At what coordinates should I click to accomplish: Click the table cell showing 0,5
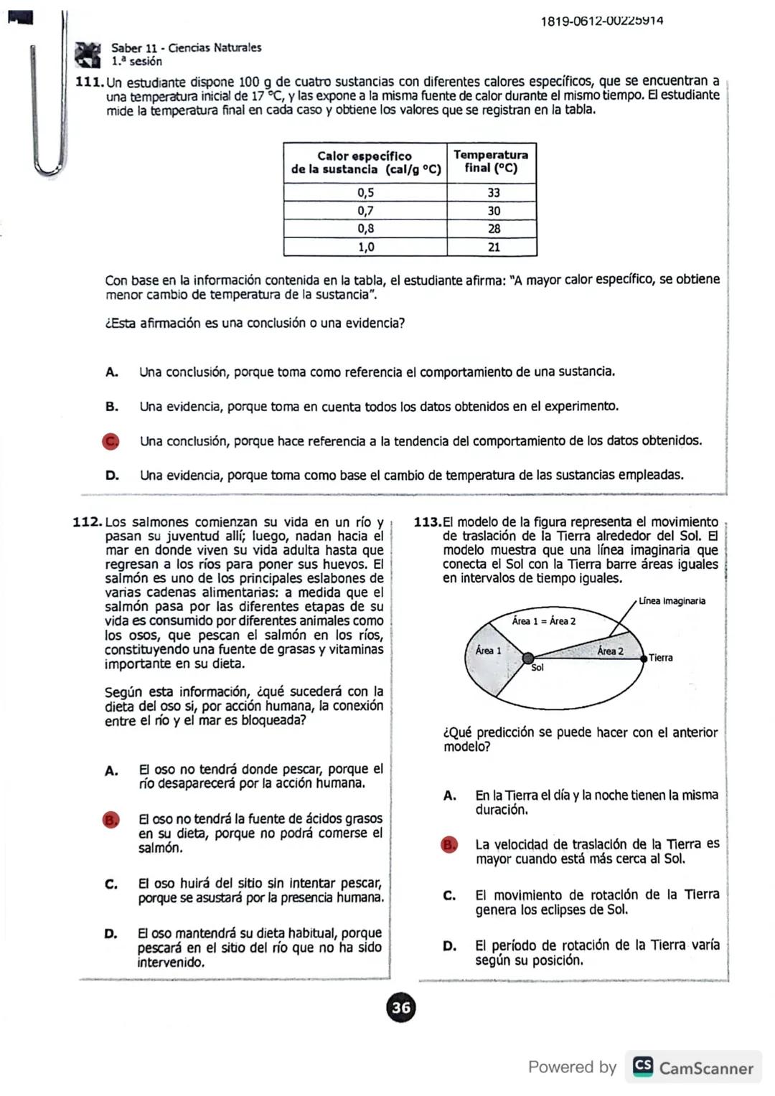365,192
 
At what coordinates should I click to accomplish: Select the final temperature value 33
493,192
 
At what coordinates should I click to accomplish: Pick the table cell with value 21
493,247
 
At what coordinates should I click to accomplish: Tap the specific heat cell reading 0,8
365,229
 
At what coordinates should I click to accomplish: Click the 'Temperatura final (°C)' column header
491,161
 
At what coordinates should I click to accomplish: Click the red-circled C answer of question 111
111,441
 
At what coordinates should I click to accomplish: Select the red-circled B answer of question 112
111,820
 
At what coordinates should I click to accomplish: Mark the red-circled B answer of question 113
449,845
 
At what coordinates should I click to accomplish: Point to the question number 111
89,82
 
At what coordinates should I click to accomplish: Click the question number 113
428,522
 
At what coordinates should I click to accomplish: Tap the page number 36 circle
401,1007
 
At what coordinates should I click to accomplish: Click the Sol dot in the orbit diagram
528,658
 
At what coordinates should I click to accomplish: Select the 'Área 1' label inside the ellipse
489,651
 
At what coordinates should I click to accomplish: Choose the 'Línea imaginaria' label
672,601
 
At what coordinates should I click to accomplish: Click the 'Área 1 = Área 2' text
544,621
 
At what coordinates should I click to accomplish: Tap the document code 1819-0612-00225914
601,21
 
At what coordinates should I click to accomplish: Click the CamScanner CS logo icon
643,1067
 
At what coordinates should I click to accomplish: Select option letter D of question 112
111,934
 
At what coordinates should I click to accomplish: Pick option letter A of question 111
111,372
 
